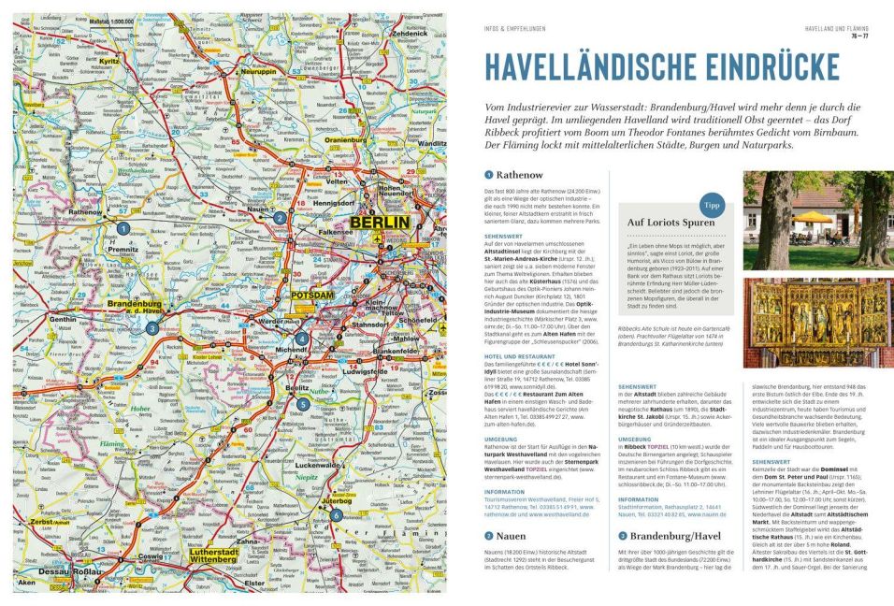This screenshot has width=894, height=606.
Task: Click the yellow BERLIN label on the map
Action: [x=380, y=223]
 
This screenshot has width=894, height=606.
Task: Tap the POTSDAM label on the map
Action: [x=312, y=296]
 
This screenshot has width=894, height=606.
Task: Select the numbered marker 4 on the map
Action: [x=301, y=339]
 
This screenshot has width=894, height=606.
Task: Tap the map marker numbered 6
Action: [x=335, y=514]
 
